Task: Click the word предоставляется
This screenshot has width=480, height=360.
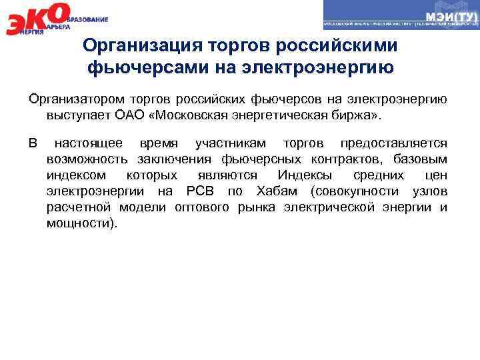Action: (x=393, y=143)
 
